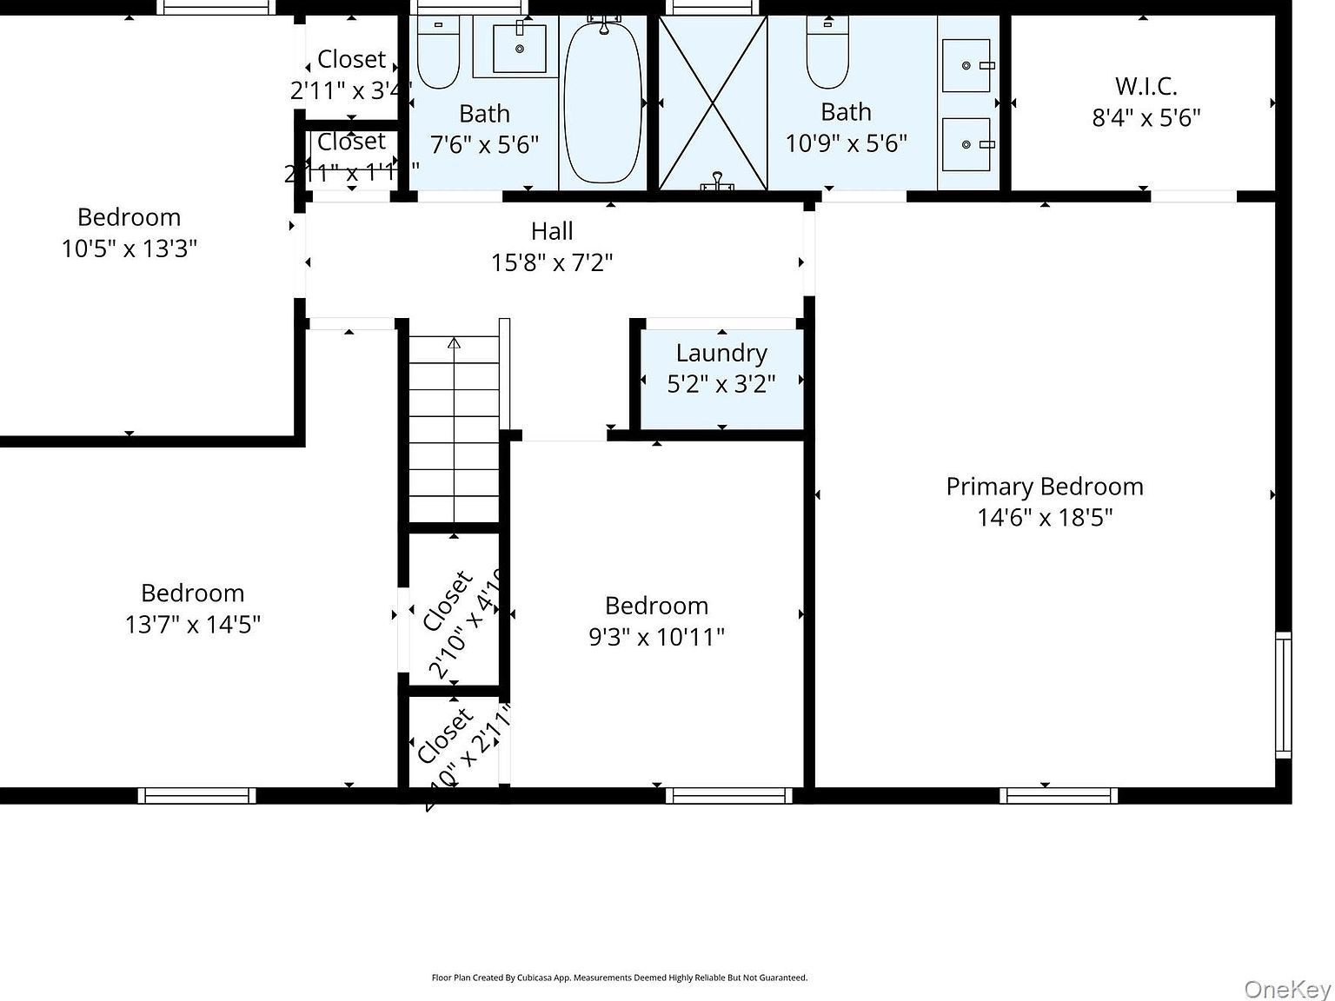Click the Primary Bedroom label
tap(1045, 487)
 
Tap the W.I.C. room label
tap(1146, 87)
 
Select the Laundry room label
tap(721, 353)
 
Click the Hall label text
tap(552, 231)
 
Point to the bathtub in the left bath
tap(602, 102)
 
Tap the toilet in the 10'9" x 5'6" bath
tap(827, 54)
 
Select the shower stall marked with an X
tap(713, 103)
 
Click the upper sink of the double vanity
tap(966, 65)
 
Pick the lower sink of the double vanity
tap(966, 144)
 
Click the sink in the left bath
tap(520, 49)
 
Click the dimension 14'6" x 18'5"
tap(1045, 518)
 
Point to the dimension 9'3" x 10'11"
tap(656, 637)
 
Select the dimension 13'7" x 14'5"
tap(193, 625)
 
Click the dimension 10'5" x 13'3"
tap(130, 249)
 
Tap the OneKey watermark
tap(1287, 989)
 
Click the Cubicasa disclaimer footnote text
tap(619, 978)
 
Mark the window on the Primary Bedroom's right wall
tap(1283, 695)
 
